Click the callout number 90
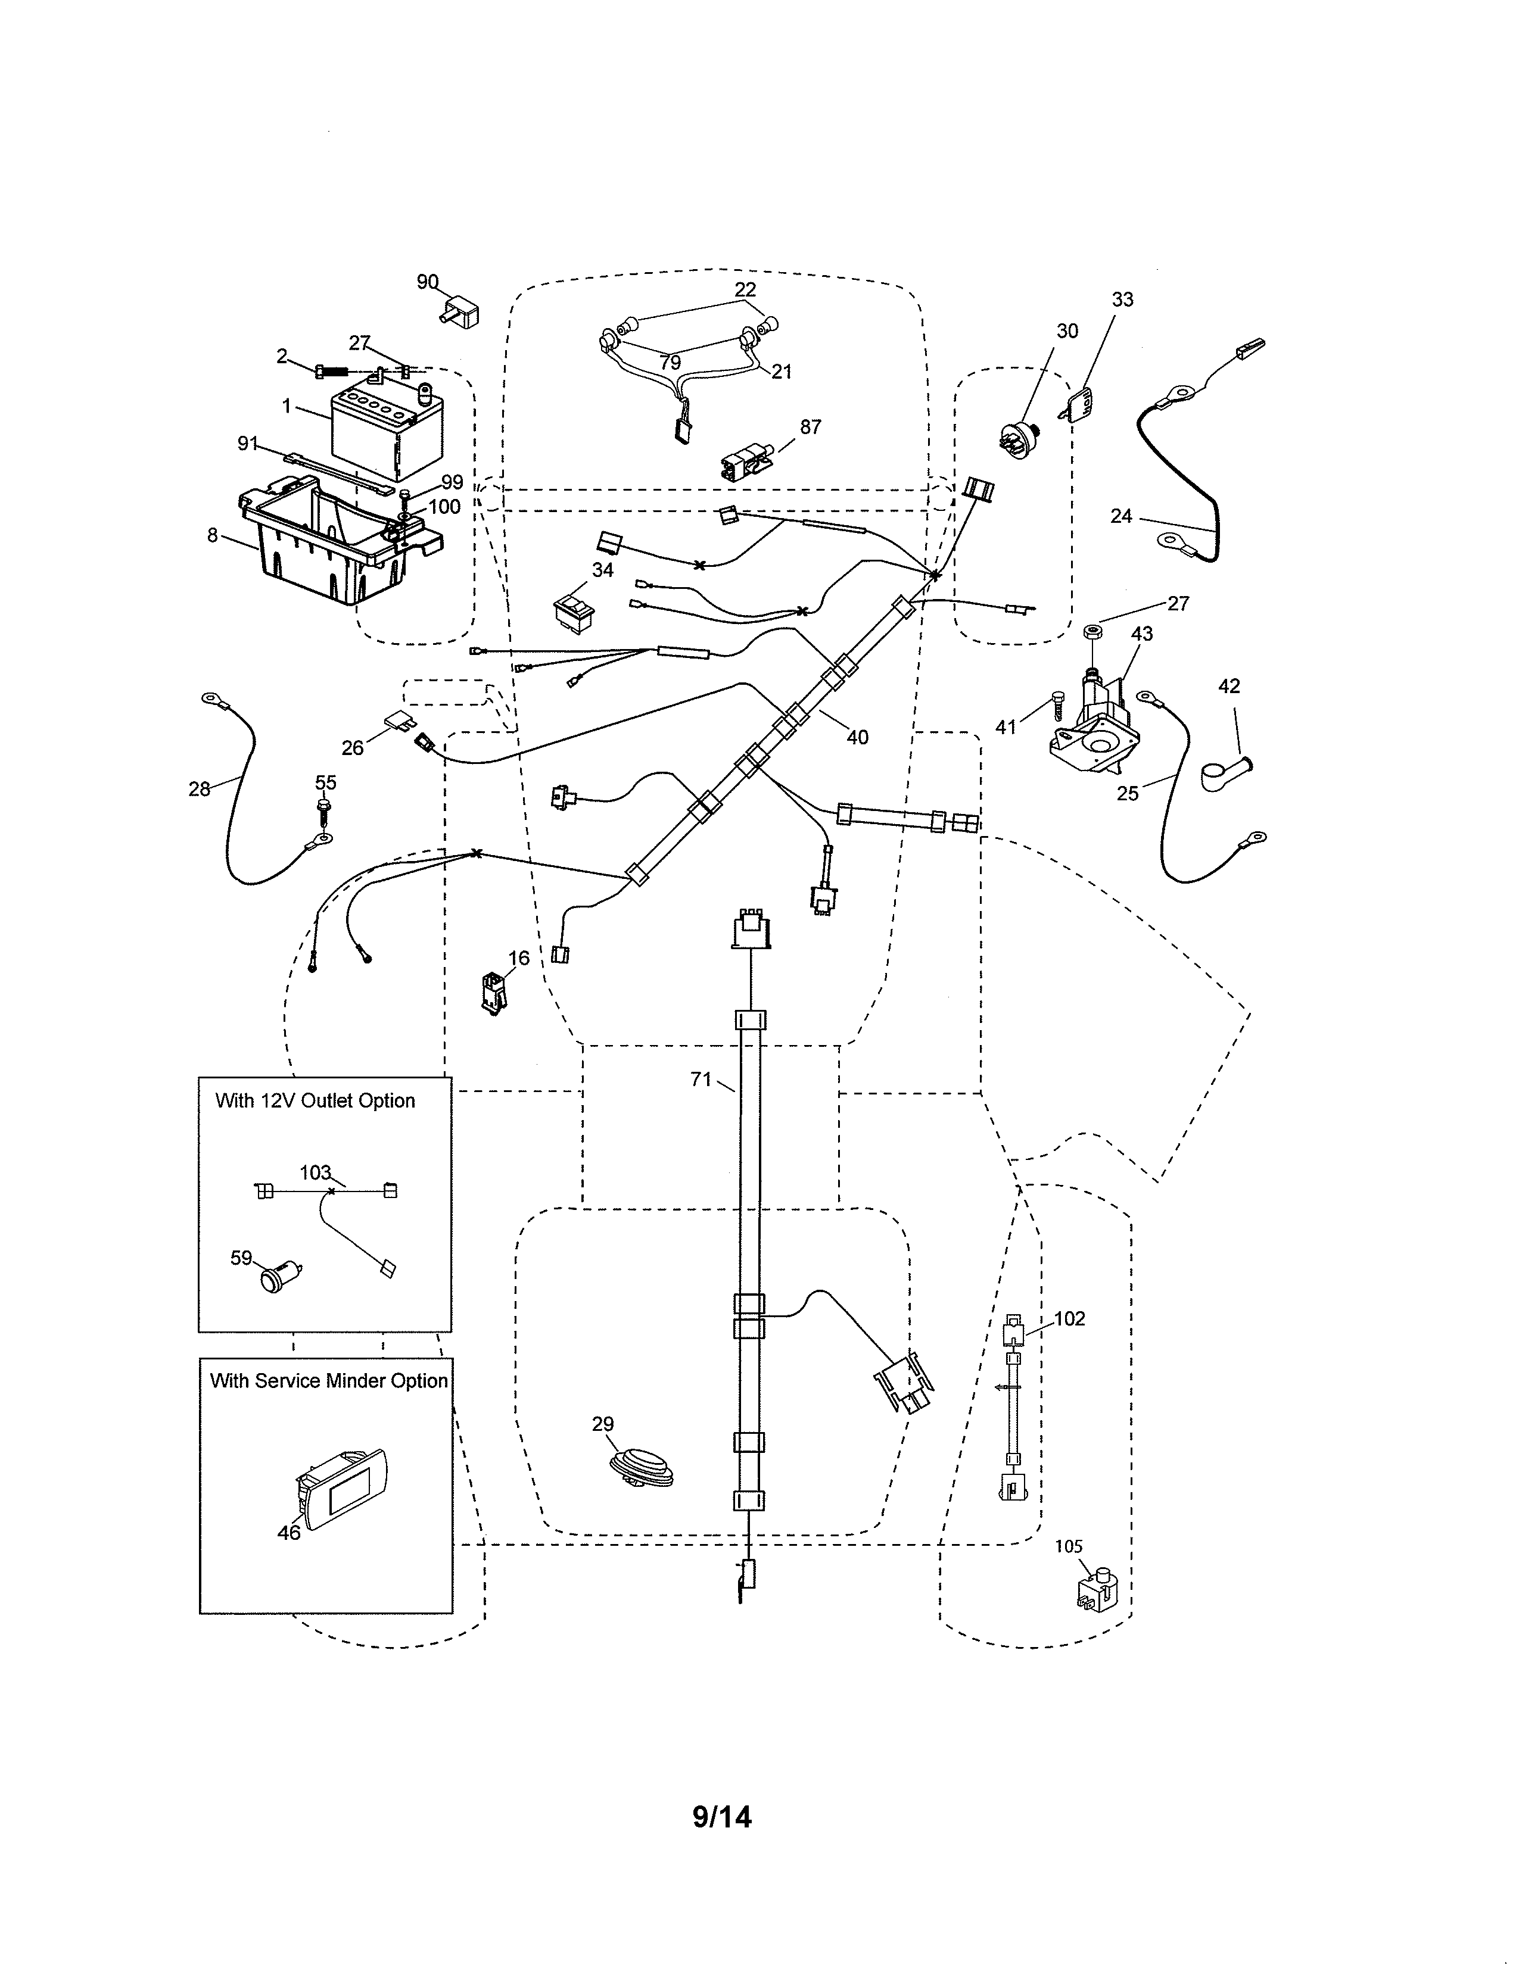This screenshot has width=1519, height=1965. coord(428,282)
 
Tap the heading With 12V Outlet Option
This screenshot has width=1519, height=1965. coord(315,1101)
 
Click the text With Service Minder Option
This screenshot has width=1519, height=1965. coord(328,1381)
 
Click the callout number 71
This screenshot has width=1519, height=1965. coord(701,1079)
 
